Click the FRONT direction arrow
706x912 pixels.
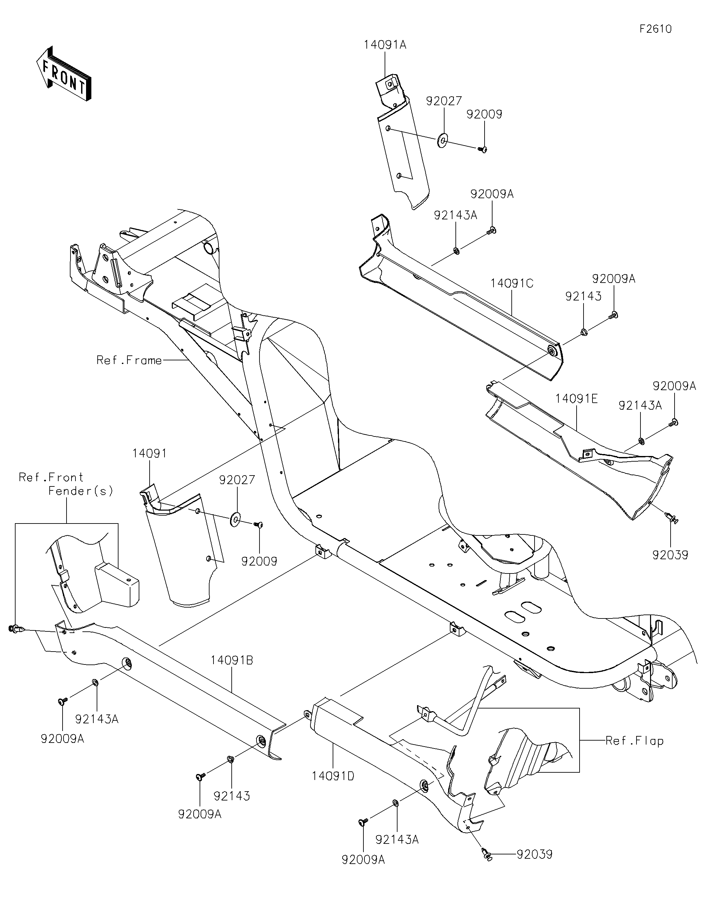point(64,73)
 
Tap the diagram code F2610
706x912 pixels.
point(655,29)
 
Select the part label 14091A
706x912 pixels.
point(385,45)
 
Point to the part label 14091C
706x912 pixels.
point(512,284)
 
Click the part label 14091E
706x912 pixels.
point(577,399)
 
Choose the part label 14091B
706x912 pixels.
point(232,660)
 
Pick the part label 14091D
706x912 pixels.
point(333,776)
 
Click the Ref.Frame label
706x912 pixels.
point(129,360)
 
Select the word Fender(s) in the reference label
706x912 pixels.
point(81,491)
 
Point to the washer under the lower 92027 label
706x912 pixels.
point(236,520)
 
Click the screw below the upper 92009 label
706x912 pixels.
point(483,148)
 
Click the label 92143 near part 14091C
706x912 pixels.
point(583,296)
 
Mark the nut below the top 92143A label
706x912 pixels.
point(456,251)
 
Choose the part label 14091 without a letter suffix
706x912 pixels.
point(150,453)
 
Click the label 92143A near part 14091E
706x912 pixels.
point(640,405)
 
